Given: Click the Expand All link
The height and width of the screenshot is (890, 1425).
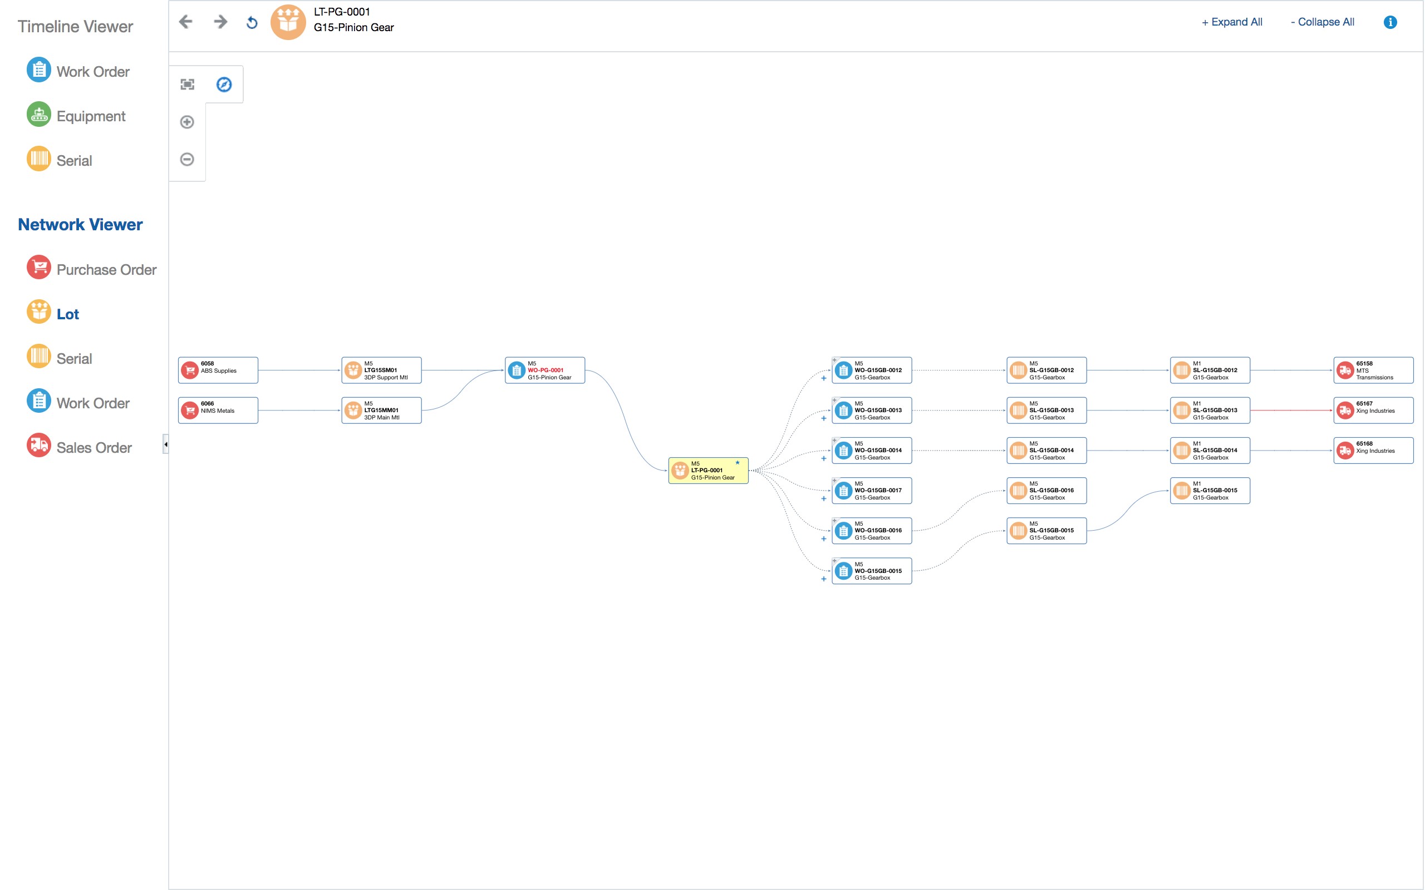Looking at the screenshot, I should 1232,22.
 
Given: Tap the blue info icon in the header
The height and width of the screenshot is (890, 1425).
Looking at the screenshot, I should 1390,22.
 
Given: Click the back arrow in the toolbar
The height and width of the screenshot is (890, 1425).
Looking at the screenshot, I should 186,22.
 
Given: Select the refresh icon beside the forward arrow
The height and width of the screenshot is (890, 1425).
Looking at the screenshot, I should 252,23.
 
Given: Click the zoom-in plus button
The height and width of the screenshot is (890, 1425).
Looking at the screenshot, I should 187,122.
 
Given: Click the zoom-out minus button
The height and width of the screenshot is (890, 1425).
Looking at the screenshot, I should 187,160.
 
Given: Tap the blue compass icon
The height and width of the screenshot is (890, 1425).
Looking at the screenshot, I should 224,85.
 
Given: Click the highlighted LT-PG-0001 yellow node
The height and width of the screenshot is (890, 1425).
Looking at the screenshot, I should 709,471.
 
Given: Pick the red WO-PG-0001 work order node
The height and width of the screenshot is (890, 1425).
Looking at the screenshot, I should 545,371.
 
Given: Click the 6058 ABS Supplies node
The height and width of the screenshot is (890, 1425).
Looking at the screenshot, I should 218,371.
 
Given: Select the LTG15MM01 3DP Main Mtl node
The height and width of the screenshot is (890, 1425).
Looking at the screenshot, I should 381,411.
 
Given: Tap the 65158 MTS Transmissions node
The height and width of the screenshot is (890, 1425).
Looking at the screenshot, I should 1373,371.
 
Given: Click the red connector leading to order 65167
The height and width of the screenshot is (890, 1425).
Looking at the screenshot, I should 1291,411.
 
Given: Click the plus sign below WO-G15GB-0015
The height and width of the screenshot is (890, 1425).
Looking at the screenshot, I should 824,579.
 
